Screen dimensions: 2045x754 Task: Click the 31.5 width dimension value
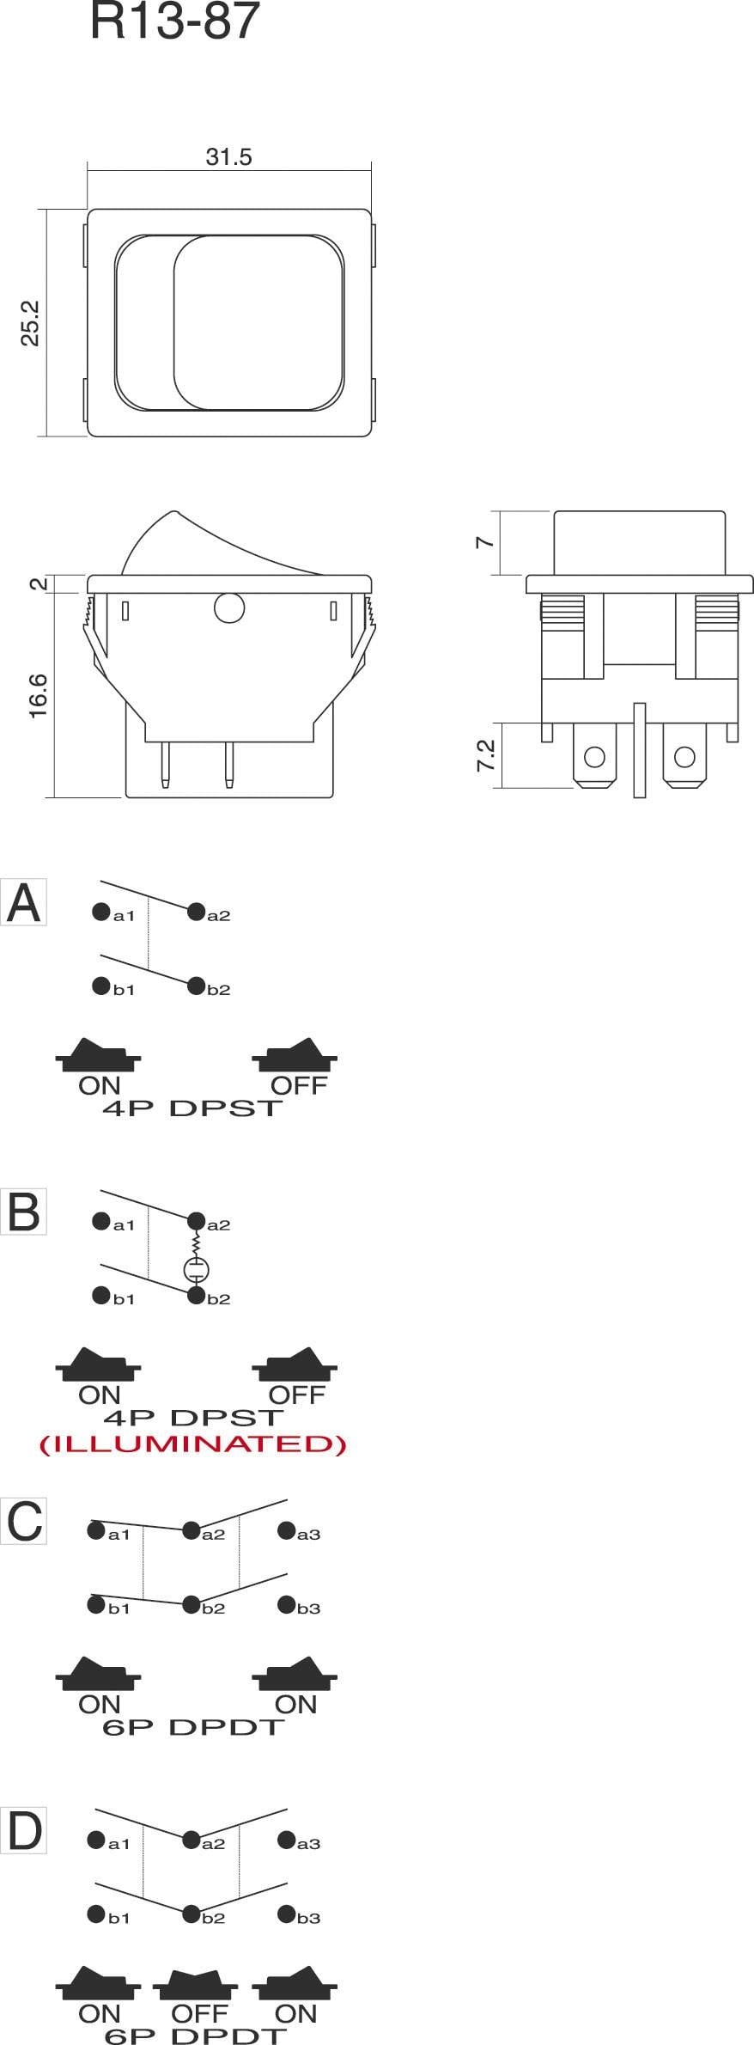228,157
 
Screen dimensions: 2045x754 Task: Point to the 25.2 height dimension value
31,323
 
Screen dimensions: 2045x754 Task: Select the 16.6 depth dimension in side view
39,696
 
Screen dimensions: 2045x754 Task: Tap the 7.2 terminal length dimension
486,754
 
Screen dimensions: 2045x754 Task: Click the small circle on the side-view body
229,608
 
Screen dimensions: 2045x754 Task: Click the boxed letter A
23,903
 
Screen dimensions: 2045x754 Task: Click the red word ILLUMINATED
193,1444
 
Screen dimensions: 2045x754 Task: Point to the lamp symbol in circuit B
197,1269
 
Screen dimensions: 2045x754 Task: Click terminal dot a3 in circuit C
286,1530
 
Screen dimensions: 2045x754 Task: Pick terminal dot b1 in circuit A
101,986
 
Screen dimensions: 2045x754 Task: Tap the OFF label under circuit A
299,1085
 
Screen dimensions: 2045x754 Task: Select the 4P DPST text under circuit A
192,1108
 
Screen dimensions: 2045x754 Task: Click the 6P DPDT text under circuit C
192,1727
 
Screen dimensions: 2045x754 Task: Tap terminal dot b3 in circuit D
286,1914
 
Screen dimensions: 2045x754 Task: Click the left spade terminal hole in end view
594,757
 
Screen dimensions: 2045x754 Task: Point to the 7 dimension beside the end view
486,542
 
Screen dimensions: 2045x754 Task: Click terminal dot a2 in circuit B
196,1220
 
